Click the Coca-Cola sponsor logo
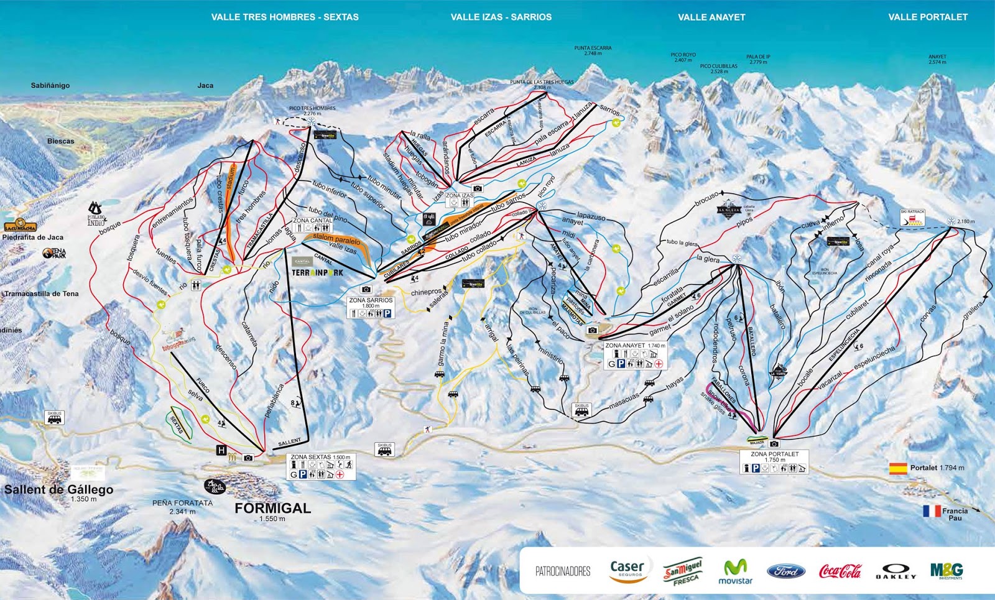pyautogui.click(x=840, y=571)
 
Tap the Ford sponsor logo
pyautogui.click(x=785, y=571)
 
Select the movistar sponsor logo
pyautogui.click(x=735, y=571)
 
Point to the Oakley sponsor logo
pyautogui.click(x=896, y=571)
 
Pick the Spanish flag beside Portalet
pyautogui.click(x=898, y=468)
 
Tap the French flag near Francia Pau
pyautogui.click(x=932, y=511)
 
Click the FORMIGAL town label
pyautogui.click(x=272, y=509)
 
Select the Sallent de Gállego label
pyautogui.click(x=58, y=489)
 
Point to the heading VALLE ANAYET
pyautogui.click(x=711, y=17)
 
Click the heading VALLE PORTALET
pyautogui.click(x=927, y=17)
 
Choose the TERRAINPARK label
pyautogui.click(x=317, y=272)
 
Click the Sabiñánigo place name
pyautogui.click(x=50, y=85)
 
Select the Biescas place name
pyautogui.click(x=60, y=141)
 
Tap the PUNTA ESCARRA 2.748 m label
pyautogui.click(x=593, y=50)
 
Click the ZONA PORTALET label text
pyautogui.click(x=774, y=454)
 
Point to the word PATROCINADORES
pyautogui.click(x=563, y=571)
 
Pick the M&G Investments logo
pyautogui.click(x=946, y=570)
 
